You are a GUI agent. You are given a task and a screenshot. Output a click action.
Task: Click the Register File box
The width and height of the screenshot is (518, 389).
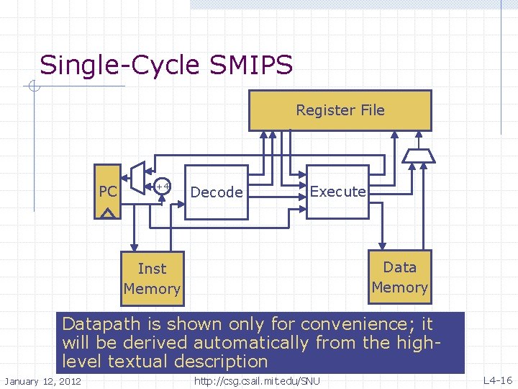[340, 110]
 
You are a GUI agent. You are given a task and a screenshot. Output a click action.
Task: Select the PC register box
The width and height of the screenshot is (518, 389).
[108, 192]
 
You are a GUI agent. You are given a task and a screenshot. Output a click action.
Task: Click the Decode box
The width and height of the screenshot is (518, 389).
[217, 192]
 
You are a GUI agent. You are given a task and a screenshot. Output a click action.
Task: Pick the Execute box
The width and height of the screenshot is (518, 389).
[337, 192]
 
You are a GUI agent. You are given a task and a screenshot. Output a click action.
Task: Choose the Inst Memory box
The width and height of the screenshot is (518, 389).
[152, 278]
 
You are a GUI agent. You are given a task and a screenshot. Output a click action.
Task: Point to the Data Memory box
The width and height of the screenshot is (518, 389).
[399, 277]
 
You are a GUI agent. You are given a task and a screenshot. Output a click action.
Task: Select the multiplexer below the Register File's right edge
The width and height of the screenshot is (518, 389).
[416, 156]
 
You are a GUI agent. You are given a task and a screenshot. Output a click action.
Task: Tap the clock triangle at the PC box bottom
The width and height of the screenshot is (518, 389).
[108, 213]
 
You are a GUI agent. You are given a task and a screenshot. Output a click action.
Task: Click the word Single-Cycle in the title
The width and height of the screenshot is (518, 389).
[119, 66]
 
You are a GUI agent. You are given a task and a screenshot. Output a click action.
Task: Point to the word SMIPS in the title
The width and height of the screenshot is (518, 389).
[251, 66]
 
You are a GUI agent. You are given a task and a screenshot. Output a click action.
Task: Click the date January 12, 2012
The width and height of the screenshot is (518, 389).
[42, 380]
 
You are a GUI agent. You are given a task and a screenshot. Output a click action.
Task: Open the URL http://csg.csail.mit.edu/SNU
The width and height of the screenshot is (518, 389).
[257, 380]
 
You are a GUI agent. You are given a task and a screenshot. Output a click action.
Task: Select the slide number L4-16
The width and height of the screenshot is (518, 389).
[498, 380]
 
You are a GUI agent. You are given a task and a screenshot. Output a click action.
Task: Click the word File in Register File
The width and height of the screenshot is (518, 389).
[371, 110]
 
